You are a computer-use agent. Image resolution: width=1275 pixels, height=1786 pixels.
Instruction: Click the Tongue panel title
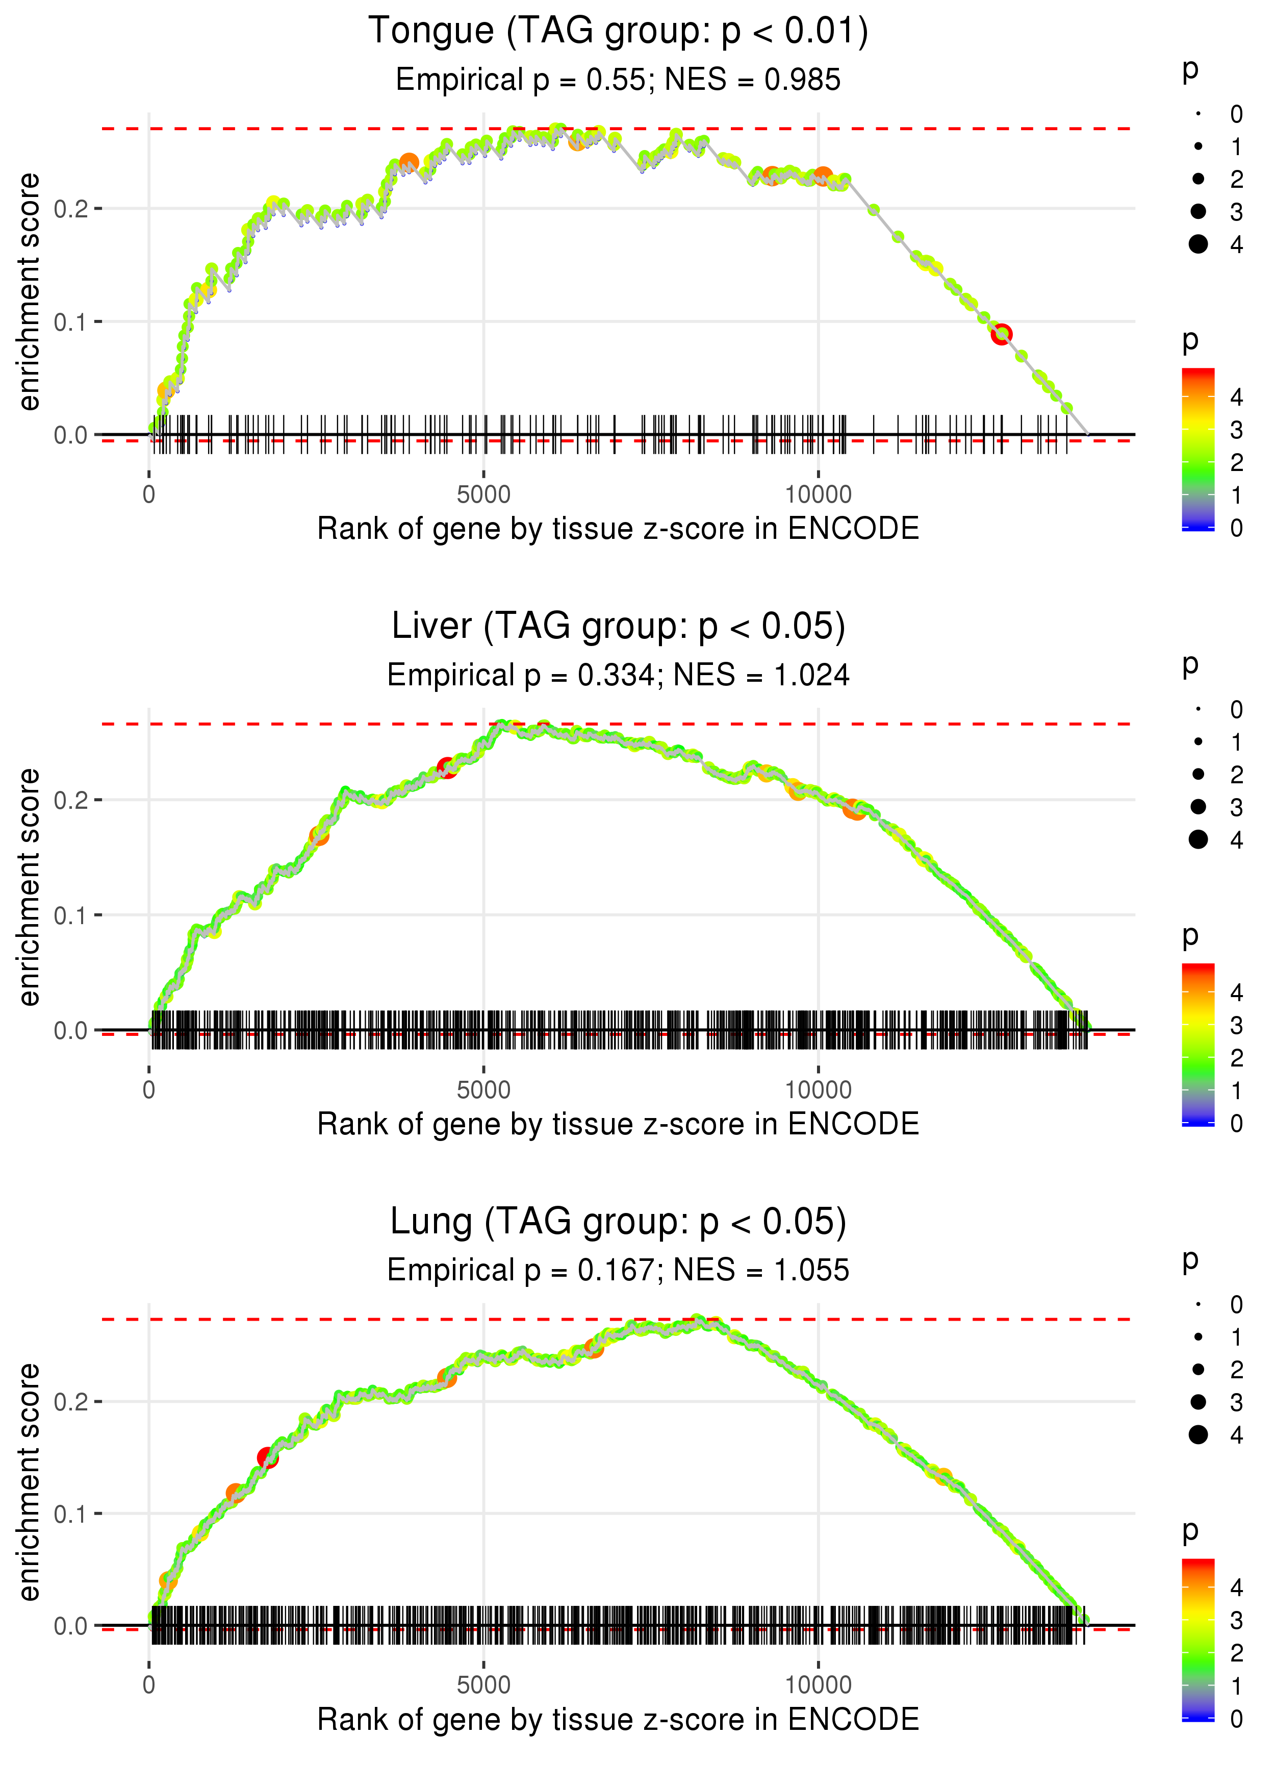point(618,32)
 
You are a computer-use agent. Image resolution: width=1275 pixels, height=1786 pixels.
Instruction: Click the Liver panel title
point(618,626)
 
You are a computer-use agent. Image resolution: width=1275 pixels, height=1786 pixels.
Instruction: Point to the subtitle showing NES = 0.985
point(618,80)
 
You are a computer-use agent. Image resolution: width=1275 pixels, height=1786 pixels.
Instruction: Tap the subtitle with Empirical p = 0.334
point(618,676)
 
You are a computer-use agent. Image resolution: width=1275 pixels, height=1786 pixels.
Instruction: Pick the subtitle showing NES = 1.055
point(618,1270)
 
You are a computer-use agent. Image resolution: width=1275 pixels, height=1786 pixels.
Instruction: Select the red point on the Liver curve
point(447,767)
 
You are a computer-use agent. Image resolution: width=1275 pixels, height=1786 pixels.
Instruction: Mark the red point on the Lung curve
point(268,1458)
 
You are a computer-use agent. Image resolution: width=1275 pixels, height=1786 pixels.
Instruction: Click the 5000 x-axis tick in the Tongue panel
point(483,495)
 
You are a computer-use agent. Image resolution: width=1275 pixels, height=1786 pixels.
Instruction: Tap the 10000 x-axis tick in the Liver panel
point(818,1090)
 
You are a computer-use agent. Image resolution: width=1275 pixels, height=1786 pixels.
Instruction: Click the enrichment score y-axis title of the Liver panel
point(29,887)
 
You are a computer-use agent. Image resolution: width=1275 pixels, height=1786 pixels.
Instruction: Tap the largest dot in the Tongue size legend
point(1198,244)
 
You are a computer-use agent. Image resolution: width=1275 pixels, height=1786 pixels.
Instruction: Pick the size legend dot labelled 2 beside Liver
point(1198,775)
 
